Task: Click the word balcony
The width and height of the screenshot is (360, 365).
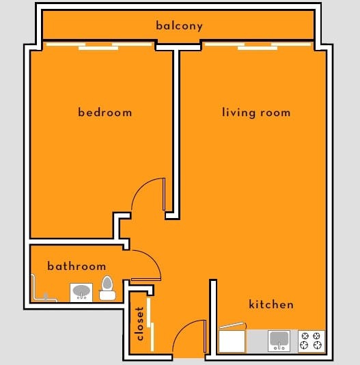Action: click(179, 26)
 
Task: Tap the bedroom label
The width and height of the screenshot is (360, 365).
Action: click(105, 112)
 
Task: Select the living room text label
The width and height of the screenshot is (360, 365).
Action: click(256, 112)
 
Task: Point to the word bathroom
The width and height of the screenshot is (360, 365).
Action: click(77, 266)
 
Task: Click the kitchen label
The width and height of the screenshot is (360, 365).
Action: click(271, 304)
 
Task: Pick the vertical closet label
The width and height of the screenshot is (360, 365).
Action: click(140, 323)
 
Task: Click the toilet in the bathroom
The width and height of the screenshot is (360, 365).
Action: click(107, 288)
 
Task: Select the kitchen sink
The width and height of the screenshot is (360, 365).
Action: click(279, 340)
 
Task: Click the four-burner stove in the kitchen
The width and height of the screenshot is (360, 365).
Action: click(311, 340)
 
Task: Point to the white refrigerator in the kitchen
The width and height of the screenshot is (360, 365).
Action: click(232, 341)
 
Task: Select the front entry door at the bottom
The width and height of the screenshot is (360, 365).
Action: click(188, 338)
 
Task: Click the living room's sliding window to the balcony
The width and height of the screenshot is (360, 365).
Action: click(258, 46)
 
